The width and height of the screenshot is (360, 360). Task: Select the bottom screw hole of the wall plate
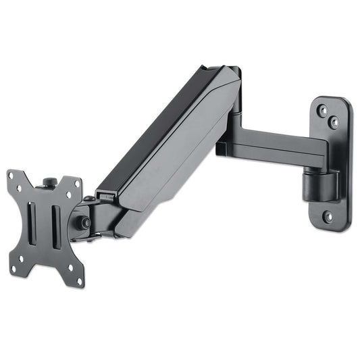point(327,217)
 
